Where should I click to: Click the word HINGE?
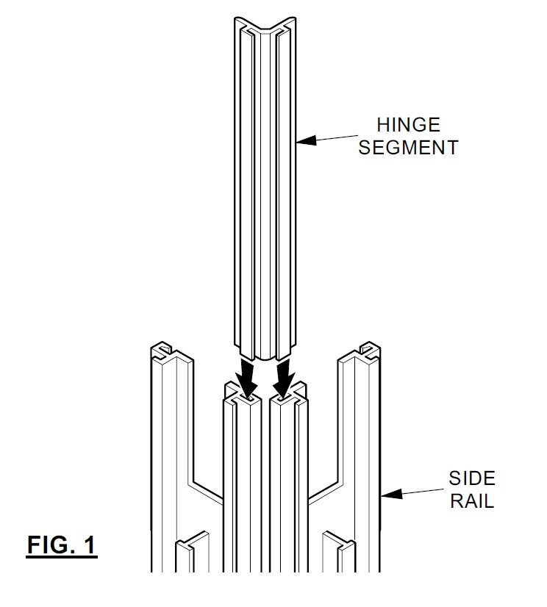[x=408, y=125]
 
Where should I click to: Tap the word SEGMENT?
[x=408, y=148]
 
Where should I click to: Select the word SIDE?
[x=472, y=478]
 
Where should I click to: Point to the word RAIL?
[x=472, y=501]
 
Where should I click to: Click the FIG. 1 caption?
[x=61, y=545]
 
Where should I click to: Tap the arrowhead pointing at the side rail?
[x=391, y=494]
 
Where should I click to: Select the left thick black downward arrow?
[x=247, y=376]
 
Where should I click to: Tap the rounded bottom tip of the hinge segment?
[x=265, y=357]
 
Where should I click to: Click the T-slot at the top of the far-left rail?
[x=163, y=350]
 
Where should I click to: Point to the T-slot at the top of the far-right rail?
[x=368, y=350]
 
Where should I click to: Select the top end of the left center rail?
[x=242, y=395]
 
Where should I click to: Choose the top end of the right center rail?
[x=289, y=395]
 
